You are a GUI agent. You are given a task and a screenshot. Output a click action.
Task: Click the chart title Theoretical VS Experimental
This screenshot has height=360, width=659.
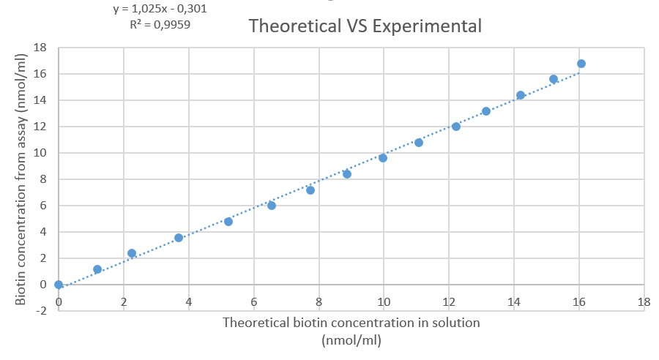(x=365, y=26)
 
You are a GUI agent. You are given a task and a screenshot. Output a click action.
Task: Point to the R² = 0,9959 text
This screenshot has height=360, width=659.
(x=161, y=25)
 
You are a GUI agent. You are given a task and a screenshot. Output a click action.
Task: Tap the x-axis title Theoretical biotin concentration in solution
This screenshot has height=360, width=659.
(x=351, y=322)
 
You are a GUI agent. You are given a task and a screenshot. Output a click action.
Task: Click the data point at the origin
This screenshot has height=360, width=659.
(x=59, y=285)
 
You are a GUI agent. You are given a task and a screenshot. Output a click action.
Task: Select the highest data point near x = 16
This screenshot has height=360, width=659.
(x=581, y=64)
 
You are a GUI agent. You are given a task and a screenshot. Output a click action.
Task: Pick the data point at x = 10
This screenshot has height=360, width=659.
(x=383, y=158)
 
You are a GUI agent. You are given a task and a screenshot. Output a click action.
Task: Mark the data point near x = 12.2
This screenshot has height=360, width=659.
(x=456, y=127)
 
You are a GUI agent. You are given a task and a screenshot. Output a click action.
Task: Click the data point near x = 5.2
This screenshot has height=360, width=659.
(x=228, y=222)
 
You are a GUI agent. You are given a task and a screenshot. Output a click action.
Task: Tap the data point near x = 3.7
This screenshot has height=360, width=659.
(x=179, y=238)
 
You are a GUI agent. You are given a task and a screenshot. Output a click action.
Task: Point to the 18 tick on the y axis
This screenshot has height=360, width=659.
(x=41, y=48)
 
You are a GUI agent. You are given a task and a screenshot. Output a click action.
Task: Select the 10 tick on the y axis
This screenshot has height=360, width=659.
(x=41, y=153)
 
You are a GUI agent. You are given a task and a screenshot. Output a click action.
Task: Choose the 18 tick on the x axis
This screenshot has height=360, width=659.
(x=644, y=301)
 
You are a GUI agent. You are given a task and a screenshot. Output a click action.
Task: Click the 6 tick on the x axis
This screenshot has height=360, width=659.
(x=253, y=301)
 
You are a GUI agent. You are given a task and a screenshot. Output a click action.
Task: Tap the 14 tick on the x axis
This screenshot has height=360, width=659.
(x=513, y=301)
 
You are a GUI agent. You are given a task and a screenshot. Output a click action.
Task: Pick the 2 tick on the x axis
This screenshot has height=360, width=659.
(x=124, y=301)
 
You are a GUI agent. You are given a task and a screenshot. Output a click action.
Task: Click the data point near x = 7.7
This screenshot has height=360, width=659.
(x=310, y=190)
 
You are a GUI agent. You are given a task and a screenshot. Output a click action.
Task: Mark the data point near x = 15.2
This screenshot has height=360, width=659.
(x=554, y=79)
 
